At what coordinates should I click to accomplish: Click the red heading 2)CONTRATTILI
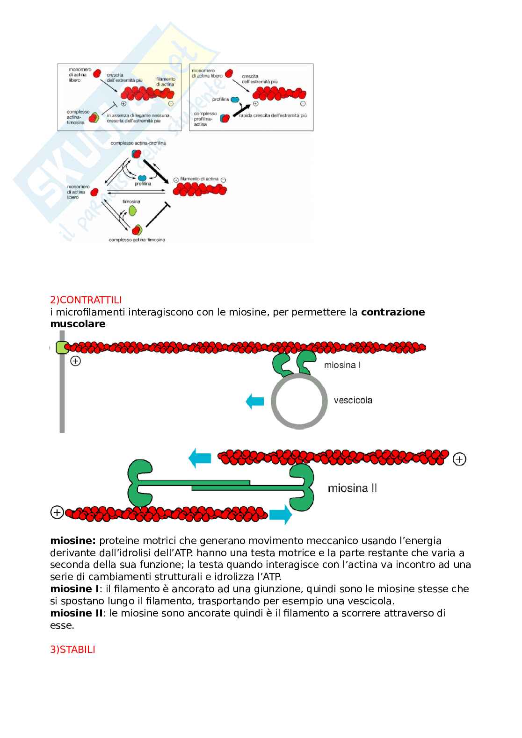(x=86, y=300)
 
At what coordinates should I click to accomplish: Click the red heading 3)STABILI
(x=72, y=649)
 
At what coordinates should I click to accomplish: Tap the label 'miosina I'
(x=342, y=365)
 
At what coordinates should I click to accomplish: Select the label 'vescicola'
(x=353, y=400)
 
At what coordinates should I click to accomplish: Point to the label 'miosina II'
(x=352, y=488)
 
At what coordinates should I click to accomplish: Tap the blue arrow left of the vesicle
(x=255, y=401)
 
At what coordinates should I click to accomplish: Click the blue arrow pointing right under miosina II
(x=281, y=515)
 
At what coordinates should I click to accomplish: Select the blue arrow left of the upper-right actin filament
(x=200, y=458)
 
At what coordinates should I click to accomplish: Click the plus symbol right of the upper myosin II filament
(x=459, y=459)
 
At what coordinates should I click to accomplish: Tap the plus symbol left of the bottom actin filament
(x=57, y=513)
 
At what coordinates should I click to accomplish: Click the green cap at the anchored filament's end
(x=61, y=348)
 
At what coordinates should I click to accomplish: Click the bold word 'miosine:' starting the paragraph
(x=72, y=541)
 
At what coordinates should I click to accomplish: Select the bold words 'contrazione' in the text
(x=393, y=312)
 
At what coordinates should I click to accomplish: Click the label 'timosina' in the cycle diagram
(x=131, y=201)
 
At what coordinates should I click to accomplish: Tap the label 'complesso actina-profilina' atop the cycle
(x=138, y=143)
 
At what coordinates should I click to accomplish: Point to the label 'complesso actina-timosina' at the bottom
(x=137, y=240)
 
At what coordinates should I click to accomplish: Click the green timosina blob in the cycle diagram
(x=132, y=211)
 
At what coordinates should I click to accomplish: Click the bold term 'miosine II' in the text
(x=76, y=613)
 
